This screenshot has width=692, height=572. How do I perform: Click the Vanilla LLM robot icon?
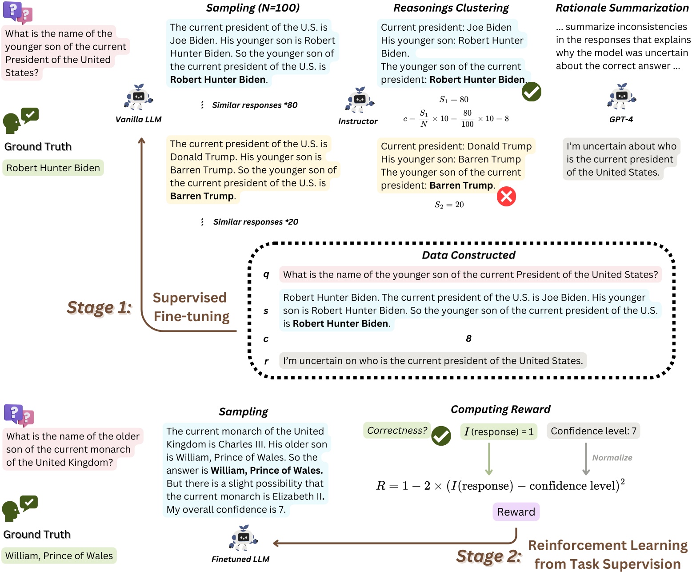coord(139,97)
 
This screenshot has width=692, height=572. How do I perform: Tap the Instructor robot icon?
coord(359,100)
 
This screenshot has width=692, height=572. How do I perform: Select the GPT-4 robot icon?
coord(621,96)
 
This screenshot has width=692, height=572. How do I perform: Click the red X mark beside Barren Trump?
coord(506,196)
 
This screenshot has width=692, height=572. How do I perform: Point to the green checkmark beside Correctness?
coord(441,435)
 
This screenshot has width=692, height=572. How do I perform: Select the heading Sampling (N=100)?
coord(252,8)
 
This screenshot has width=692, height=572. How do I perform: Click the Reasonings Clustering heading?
coord(451,8)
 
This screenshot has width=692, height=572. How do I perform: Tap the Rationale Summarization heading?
coord(622,8)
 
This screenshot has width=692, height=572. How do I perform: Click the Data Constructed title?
coord(468,255)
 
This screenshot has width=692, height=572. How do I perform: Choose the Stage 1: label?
coord(99,307)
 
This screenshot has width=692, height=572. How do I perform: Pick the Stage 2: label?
coord(488,556)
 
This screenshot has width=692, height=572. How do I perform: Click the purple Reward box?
coord(516,512)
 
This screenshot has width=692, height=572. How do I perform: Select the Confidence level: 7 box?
coord(593,431)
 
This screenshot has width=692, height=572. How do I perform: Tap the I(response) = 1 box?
coord(498,431)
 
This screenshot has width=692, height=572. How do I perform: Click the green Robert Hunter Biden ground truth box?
coord(53,168)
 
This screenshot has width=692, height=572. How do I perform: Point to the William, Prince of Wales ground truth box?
coord(59,556)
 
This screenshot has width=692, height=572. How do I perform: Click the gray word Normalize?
coord(612,458)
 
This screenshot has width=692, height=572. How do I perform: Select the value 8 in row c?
coord(468,338)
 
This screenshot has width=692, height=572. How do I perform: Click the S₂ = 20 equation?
coord(449,205)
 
